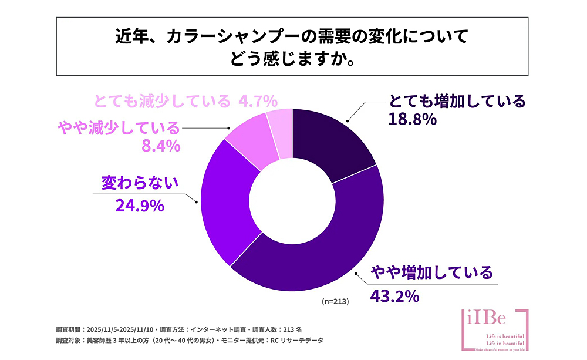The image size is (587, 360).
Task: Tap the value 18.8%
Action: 412,120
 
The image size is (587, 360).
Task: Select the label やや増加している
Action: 434,272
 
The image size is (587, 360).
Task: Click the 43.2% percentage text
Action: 394,295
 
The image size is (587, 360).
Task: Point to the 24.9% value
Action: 138,206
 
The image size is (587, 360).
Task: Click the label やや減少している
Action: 117,127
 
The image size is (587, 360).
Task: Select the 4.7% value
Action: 258,102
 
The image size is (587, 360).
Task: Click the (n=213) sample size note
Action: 335,301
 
